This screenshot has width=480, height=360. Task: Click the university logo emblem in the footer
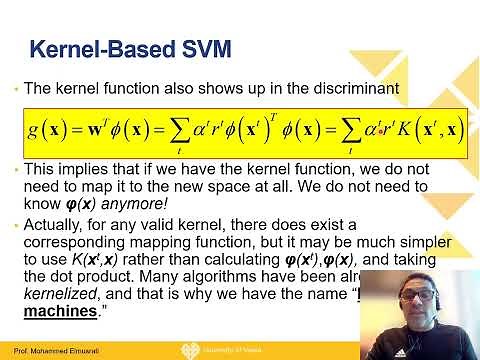pyautogui.click(x=212, y=350)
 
